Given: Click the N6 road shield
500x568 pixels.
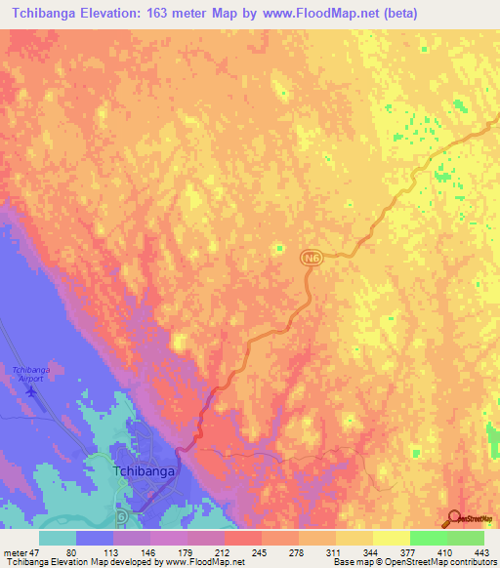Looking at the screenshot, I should [311, 256].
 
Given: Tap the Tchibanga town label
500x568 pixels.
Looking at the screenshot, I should [144, 470].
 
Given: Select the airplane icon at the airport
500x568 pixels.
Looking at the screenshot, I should [32, 391].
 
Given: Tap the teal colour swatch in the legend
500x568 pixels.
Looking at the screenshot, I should [57, 537].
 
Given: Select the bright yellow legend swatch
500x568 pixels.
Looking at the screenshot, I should [391, 537].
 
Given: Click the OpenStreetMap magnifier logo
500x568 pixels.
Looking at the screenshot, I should [454, 519].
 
